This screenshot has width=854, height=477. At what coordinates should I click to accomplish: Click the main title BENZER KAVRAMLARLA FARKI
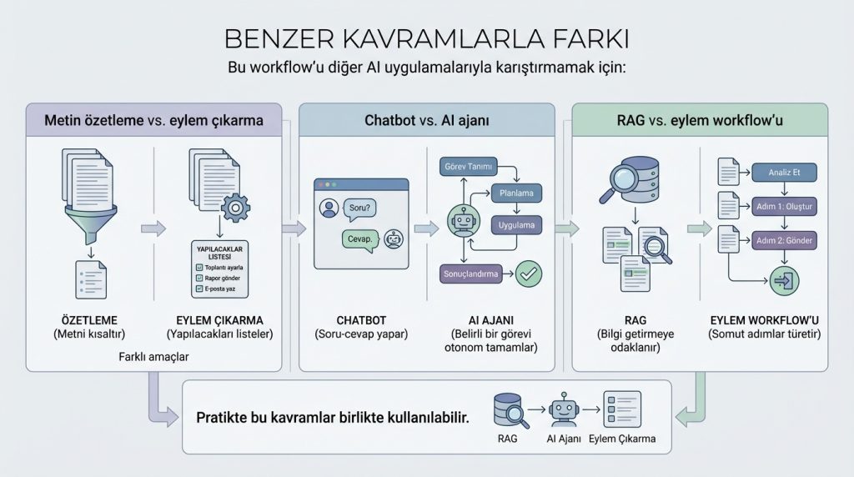(426, 39)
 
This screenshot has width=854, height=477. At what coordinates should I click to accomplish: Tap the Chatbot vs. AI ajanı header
(426, 120)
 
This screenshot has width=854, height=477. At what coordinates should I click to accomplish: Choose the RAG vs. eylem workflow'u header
(700, 120)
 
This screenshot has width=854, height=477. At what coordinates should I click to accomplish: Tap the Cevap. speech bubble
(359, 239)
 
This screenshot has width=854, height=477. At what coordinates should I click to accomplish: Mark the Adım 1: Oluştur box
(784, 206)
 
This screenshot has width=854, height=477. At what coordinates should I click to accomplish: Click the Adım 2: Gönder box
(784, 240)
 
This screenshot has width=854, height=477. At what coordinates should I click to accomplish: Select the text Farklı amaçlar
(153, 357)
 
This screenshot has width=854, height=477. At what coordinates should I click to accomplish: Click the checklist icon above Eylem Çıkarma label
(621, 409)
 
